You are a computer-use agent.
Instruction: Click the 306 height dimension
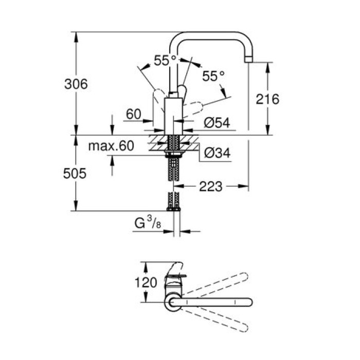pos(76,83)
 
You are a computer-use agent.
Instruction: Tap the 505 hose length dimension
pos(76,173)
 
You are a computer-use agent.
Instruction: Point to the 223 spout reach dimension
pos(211,187)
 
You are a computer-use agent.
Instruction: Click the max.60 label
pos(111,147)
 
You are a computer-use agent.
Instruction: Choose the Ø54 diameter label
pos(216,122)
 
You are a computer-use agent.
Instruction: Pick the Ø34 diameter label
pos(217,153)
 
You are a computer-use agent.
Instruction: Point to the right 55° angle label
pos(213,77)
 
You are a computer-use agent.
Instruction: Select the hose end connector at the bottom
pos(173,208)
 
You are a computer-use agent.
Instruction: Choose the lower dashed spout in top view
pos(221,321)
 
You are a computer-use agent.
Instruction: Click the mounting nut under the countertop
pos(173,153)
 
